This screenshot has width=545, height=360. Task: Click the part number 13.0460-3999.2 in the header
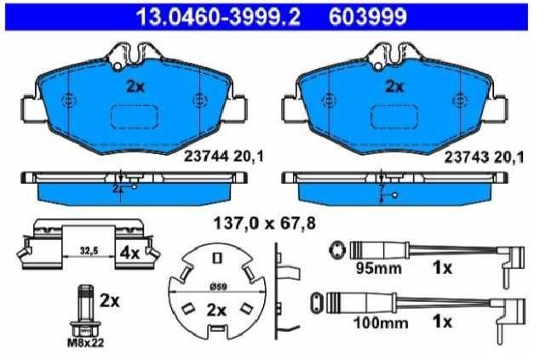218,17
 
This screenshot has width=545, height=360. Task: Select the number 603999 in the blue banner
368,17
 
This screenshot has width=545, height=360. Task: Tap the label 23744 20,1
224,157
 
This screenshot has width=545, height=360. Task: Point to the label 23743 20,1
485,158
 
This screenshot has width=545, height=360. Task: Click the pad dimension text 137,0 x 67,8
265,223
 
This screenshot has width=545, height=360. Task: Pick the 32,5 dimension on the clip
89,250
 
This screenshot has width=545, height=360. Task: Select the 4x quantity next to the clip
129,254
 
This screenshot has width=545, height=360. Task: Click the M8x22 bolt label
85,343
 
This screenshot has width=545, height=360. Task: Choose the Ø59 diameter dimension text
218,287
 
